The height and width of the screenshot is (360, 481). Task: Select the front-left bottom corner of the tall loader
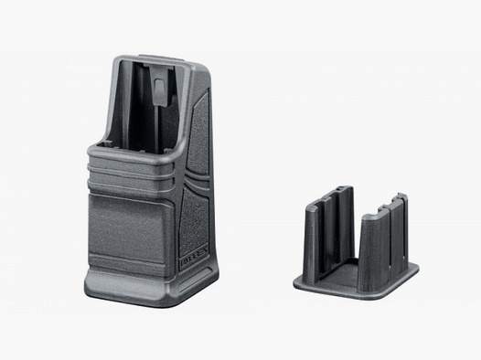(x=89, y=291)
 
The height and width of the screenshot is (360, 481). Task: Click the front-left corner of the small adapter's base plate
(x=297, y=284)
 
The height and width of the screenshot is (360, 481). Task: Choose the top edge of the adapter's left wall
(x=329, y=192)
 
